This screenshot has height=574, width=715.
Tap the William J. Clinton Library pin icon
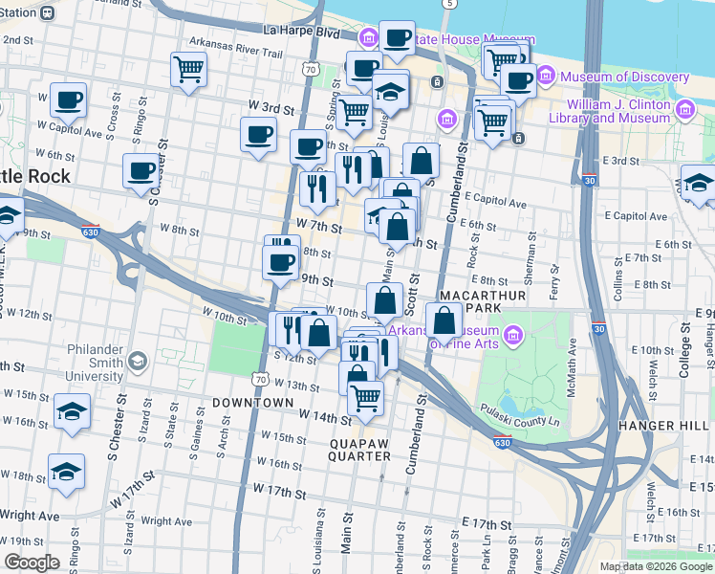coord(683,111)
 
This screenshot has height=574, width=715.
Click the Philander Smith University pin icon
coord(138,362)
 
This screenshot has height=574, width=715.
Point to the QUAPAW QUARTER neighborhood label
coord(361,451)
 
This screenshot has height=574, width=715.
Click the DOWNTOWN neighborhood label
coord(252,403)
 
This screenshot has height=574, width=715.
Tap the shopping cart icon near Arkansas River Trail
coord(189,69)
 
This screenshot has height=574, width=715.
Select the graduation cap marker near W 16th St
coord(73,410)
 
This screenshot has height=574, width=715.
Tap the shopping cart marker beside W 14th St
coord(365,396)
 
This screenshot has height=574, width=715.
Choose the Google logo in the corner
coord(32,563)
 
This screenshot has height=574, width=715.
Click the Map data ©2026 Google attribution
coord(656,566)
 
